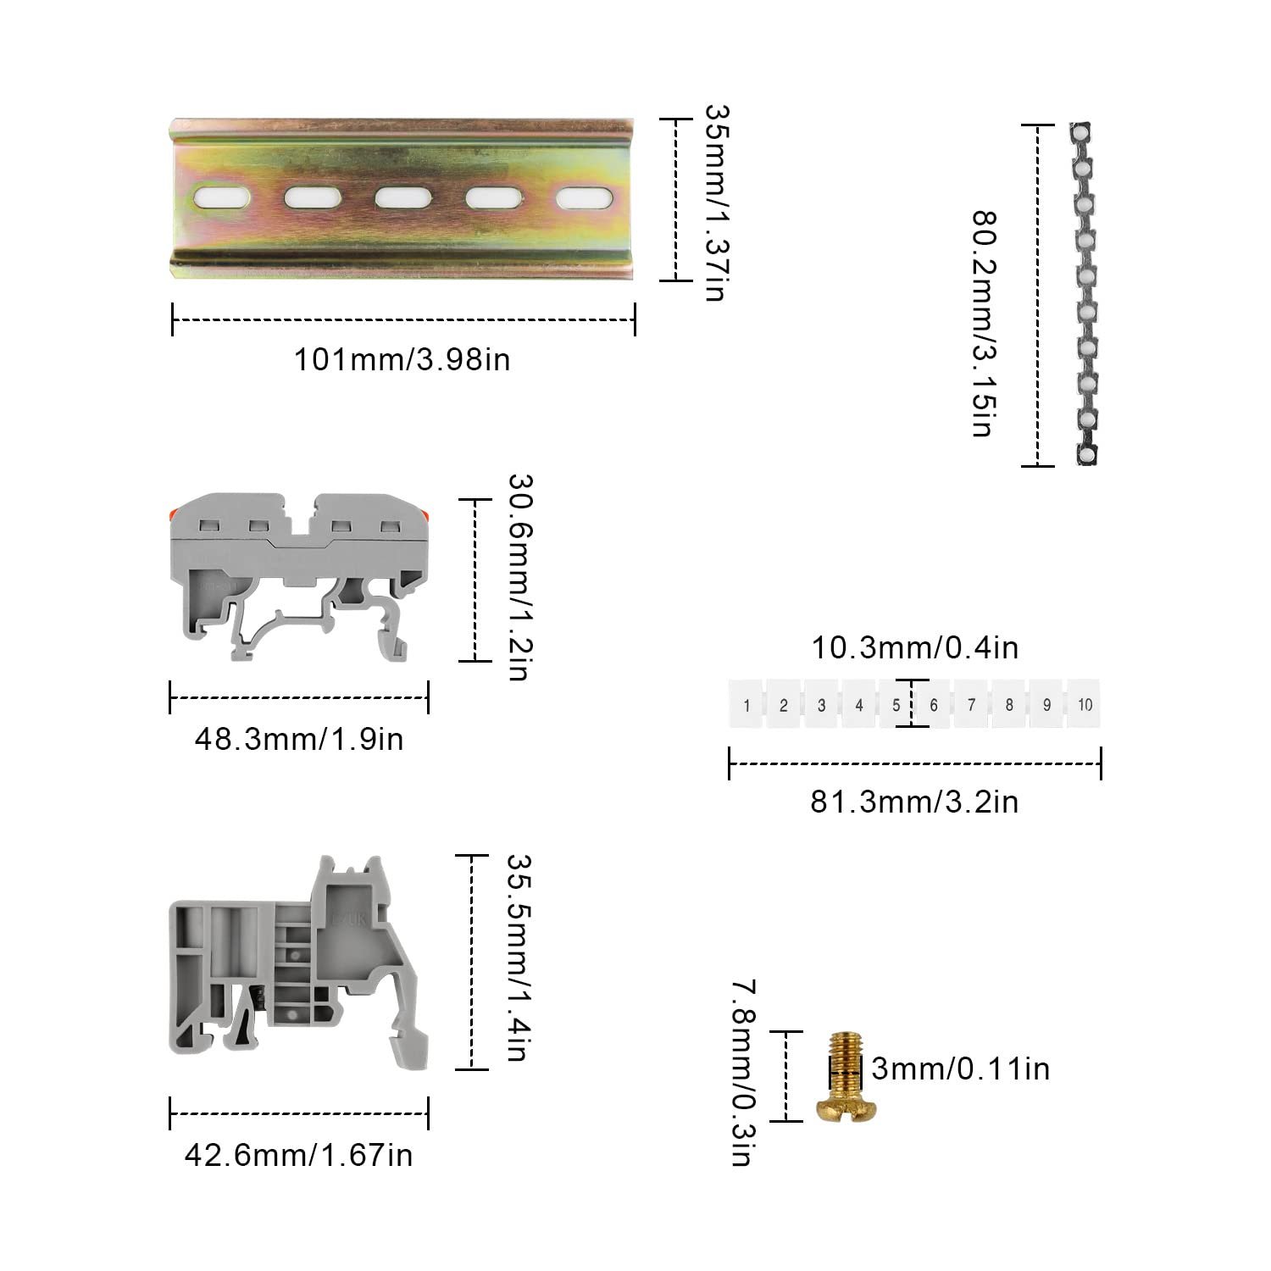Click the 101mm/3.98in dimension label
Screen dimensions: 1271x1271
[402, 359]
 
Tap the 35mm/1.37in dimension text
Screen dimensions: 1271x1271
[717, 203]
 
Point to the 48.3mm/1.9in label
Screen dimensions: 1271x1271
[299, 739]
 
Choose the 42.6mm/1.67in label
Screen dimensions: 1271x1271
[299, 1154]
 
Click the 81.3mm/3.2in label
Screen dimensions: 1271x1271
[914, 801]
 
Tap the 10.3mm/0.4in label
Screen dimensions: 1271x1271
[914, 648]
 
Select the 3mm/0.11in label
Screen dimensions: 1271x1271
[961, 1068]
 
